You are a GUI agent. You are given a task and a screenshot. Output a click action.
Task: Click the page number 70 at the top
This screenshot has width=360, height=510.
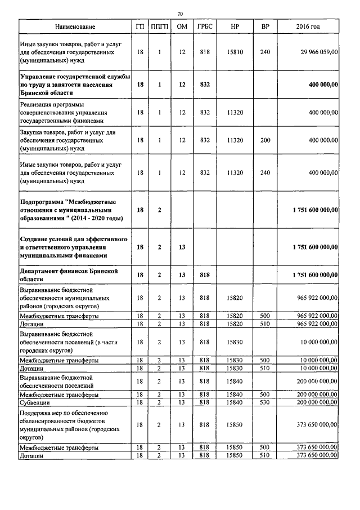180,14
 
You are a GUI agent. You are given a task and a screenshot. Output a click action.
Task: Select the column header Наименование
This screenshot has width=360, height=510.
75,27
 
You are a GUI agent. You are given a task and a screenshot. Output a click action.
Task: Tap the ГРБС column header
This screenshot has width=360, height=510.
205,27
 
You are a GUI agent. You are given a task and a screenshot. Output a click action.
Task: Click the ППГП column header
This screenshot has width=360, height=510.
160,27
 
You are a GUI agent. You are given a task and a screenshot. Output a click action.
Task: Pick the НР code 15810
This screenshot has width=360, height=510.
235,52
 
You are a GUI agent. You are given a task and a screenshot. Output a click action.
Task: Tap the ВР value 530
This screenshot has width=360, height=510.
265,403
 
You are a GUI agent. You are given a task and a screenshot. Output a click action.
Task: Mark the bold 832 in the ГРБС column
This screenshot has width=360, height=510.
205,85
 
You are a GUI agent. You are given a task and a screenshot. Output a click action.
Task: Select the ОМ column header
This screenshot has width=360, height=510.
182,27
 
